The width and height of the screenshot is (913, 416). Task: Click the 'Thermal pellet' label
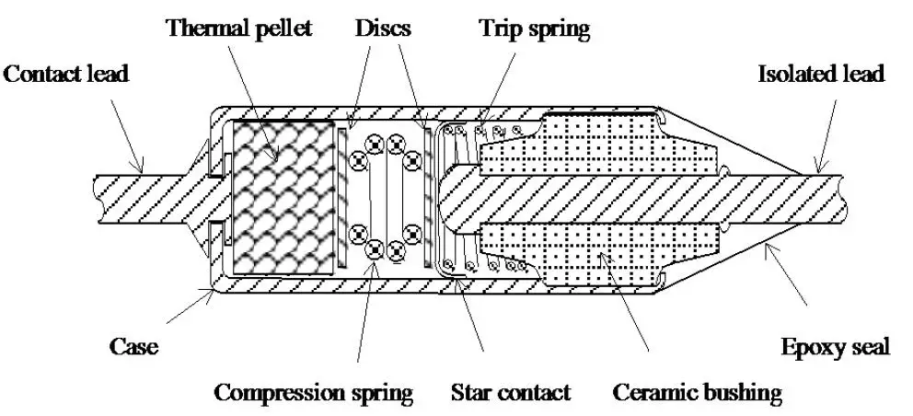[x=239, y=28]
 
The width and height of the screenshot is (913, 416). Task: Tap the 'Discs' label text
[x=383, y=28]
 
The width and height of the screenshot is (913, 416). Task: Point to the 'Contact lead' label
[x=65, y=74]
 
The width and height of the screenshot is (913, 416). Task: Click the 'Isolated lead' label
[x=821, y=74]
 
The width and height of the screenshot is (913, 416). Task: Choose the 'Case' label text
[x=133, y=347]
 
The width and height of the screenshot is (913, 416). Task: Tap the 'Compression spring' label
[x=314, y=393]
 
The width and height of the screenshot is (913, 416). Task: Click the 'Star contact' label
[x=511, y=392]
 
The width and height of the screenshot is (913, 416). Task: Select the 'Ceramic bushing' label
[x=697, y=393]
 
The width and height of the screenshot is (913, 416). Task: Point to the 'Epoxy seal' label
[x=836, y=348]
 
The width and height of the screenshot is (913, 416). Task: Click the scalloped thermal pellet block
[x=283, y=197]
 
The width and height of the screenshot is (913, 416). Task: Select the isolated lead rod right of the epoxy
[x=822, y=198]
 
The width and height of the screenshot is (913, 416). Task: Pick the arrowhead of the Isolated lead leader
[x=818, y=168]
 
